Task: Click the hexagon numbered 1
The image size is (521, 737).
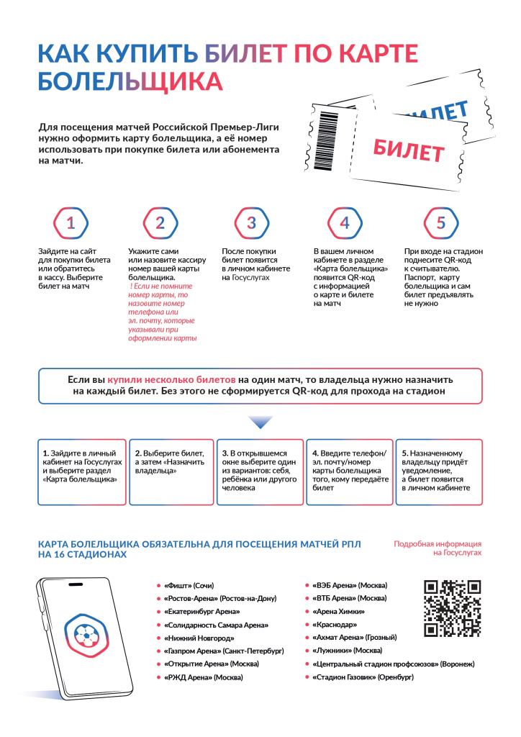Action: [x=71, y=223]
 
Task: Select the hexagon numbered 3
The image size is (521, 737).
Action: [x=251, y=223]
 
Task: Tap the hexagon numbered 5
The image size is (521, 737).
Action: [x=440, y=223]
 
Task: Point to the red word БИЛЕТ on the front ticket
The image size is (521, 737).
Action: [x=408, y=150]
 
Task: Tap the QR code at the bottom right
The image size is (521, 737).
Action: [x=451, y=608]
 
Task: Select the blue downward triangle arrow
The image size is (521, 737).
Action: [x=260, y=422]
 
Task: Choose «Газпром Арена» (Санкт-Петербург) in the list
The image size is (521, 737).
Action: [x=224, y=651]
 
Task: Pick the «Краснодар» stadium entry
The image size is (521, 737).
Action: [x=335, y=624]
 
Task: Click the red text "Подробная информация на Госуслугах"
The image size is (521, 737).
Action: [x=438, y=548]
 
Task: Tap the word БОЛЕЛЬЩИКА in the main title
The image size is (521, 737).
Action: [x=130, y=81]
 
